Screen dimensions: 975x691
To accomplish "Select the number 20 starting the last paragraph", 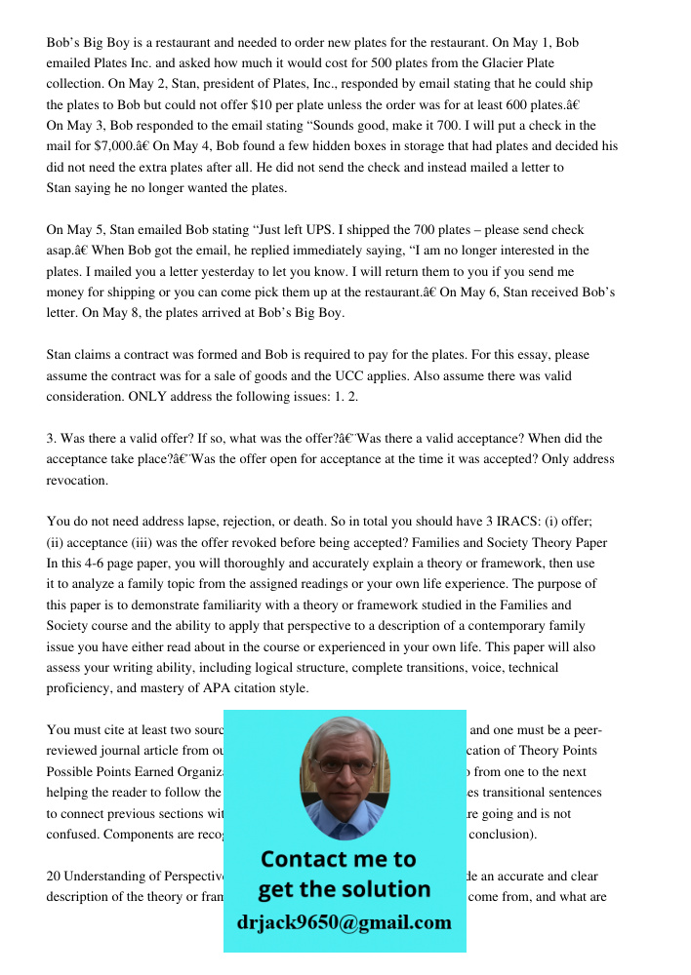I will point(55,876).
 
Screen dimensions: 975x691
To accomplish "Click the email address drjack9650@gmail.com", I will point(345,921).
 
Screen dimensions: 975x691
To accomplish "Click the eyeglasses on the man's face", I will point(345,766).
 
